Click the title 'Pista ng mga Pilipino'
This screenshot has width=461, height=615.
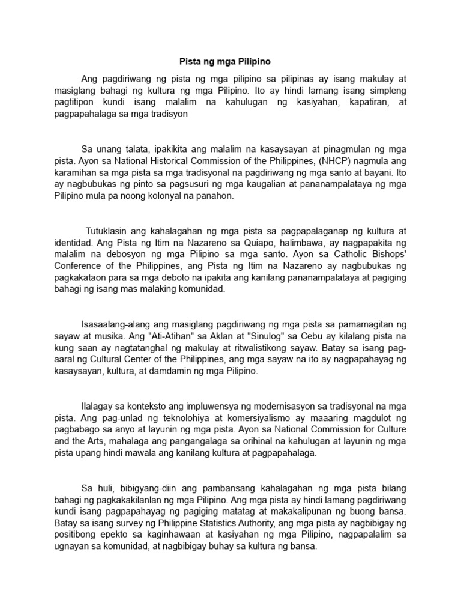[230, 61]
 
